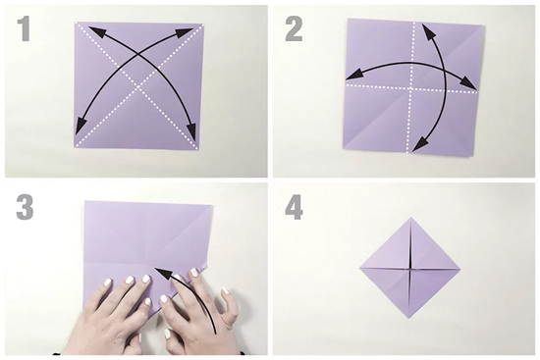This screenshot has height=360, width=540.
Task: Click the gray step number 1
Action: [25, 29]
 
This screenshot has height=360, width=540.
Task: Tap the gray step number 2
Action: [295, 29]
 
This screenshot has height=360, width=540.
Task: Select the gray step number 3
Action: [25, 208]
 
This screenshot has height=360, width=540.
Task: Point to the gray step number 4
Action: [294, 208]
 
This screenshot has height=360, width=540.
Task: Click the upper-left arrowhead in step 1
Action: [96, 30]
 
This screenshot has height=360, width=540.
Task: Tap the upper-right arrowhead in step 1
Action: [185, 32]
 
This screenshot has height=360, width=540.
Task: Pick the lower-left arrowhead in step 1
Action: [81, 126]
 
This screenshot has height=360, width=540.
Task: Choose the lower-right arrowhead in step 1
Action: [192, 131]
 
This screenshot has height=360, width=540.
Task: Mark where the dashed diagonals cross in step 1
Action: [138, 85]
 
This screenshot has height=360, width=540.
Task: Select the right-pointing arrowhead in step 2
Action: [468, 83]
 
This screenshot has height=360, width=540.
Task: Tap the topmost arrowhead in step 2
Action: [427, 31]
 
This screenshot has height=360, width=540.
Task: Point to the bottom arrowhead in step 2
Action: [420, 143]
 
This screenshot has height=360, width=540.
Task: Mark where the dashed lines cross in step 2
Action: [411, 89]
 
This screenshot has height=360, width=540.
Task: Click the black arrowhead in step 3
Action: [163, 273]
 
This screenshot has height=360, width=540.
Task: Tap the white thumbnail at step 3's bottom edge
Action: [168, 334]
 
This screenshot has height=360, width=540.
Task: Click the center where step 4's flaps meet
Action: [410, 268]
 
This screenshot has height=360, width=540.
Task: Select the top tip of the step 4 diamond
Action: [410, 217]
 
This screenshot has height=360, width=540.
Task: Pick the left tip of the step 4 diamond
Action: [359, 267]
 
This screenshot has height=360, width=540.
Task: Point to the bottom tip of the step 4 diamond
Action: [409, 319]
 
